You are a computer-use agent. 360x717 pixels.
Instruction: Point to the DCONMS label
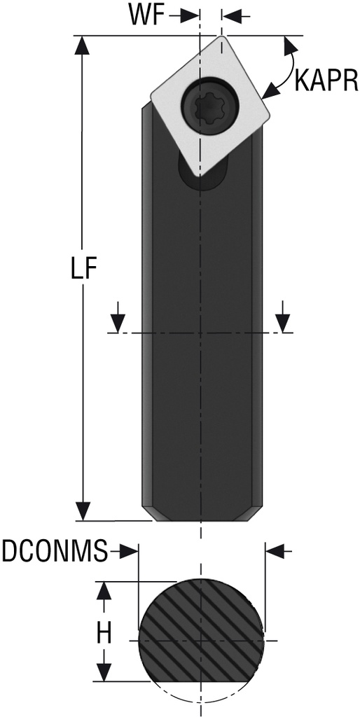(55, 552)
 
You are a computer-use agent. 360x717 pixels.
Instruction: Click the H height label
(104, 634)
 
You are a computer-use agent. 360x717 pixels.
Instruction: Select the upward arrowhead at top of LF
(83, 46)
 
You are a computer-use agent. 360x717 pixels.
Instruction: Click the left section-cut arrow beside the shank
(118, 321)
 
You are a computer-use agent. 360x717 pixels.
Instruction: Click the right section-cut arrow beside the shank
(283, 321)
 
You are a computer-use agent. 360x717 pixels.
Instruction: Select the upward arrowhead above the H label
(104, 591)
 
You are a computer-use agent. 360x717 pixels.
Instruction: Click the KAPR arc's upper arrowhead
(287, 46)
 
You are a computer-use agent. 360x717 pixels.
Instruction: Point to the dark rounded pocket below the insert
(202, 175)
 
